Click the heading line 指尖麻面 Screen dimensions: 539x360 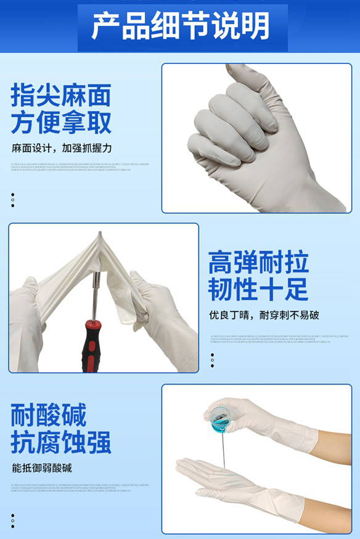tap(61, 95)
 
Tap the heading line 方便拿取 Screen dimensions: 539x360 tap(61, 123)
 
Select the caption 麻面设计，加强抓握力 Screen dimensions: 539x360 tap(62, 148)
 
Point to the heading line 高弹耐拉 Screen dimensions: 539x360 tap(258, 262)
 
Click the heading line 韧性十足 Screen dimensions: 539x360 tap(258, 290)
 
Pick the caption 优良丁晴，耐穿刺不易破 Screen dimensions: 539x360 tap(264, 315)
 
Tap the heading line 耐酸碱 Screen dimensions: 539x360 tap(48, 415)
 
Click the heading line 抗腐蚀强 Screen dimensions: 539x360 tap(61, 442)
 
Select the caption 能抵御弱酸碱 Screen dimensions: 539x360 tap(42, 468)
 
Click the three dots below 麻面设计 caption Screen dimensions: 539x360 tap(12, 200)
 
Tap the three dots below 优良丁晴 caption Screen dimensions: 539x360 tap(212, 360)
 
